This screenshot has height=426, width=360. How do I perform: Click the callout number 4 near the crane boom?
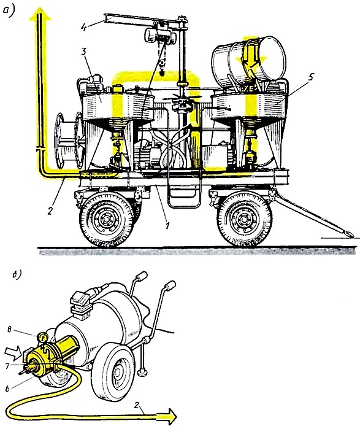tap(85, 27)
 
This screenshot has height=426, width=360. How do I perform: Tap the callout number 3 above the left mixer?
tap(84, 52)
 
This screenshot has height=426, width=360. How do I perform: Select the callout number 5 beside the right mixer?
tap(310, 77)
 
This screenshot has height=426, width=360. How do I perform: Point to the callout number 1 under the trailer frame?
tap(167, 225)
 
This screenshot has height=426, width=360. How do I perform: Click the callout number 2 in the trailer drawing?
tap(50, 211)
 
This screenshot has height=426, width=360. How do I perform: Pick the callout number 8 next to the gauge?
tap(9, 330)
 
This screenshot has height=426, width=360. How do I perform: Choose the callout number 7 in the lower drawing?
tap(7, 366)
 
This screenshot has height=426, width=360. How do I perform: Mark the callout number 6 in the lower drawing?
tap(7, 389)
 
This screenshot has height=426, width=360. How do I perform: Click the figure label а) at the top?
tap(9, 11)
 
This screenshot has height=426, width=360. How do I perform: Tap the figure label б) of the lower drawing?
tap(17, 274)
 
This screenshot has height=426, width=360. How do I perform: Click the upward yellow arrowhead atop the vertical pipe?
tap(40, 14)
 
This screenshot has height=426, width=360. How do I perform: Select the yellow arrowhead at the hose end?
tap(167, 417)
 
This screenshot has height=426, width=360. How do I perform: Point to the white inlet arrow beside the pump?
tap(13, 352)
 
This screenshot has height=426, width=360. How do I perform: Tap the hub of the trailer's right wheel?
tap(245, 220)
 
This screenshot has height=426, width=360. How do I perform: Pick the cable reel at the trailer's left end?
tap(69, 141)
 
